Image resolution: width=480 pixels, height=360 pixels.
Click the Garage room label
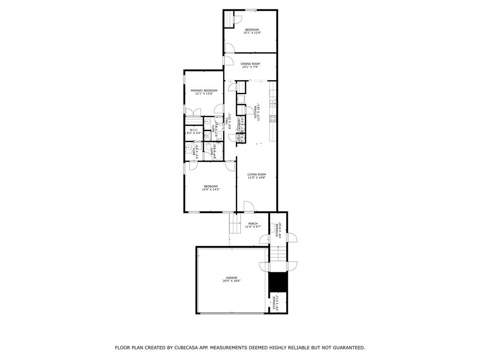click(232, 277)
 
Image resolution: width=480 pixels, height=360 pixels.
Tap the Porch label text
click(253, 224)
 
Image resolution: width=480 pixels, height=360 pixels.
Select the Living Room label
click(256, 174)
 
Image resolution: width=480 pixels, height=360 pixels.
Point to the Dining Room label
click(250, 64)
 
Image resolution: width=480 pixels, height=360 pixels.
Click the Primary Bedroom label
click(203, 90)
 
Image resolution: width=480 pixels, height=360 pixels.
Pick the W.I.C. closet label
click(194, 130)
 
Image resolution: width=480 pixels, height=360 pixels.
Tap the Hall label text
click(227, 120)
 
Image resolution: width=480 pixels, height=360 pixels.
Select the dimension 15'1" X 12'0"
click(252, 33)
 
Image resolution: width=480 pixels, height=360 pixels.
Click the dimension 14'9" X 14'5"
click(210, 189)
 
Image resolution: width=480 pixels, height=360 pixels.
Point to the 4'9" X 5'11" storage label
click(277, 304)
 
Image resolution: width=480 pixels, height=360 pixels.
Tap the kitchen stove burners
click(272, 119)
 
